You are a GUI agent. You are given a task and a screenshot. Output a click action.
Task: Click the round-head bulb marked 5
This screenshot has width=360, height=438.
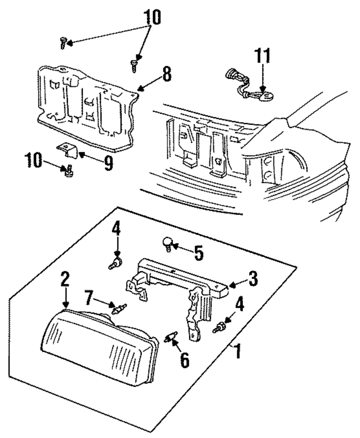167,244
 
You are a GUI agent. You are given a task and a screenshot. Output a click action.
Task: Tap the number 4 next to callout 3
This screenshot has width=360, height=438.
239,306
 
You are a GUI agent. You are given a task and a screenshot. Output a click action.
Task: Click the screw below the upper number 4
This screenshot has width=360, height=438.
115,264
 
